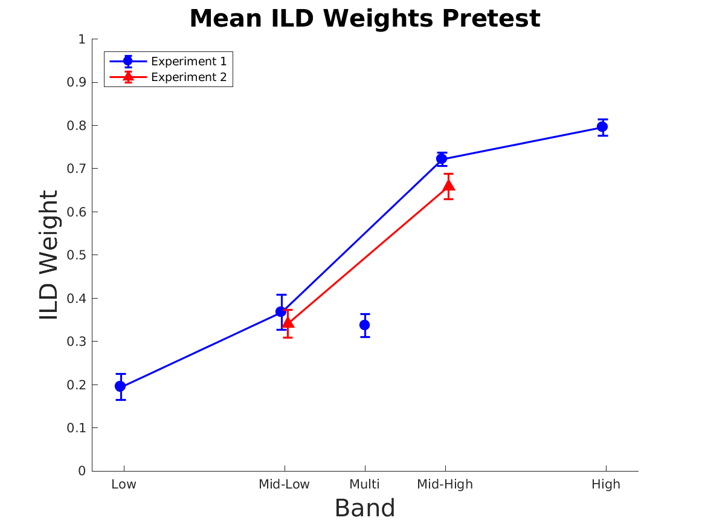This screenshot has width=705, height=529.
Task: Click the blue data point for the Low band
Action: tap(120, 386)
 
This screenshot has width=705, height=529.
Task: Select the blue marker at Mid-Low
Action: tap(281, 311)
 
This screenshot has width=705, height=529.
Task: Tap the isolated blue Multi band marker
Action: tap(365, 325)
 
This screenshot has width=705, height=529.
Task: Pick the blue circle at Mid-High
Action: tap(442, 158)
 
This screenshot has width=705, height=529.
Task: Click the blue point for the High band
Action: tap(602, 127)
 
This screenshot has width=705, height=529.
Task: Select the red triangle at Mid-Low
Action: tap(288, 322)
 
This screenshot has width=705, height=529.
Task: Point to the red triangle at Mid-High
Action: tap(449, 185)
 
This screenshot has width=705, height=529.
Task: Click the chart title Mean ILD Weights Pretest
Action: tap(365, 19)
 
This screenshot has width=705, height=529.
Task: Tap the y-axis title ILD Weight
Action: tap(49, 255)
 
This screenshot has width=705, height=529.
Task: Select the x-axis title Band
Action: tap(365, 508)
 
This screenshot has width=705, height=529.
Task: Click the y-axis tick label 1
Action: tap(81, 39)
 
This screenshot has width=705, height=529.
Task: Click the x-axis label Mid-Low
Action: tap(284, 484)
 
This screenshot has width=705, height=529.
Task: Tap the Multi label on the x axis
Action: tap(365, 484)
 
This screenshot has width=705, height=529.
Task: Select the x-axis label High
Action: tap(606, 484)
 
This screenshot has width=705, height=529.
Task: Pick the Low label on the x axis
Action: tap(124, 484)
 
